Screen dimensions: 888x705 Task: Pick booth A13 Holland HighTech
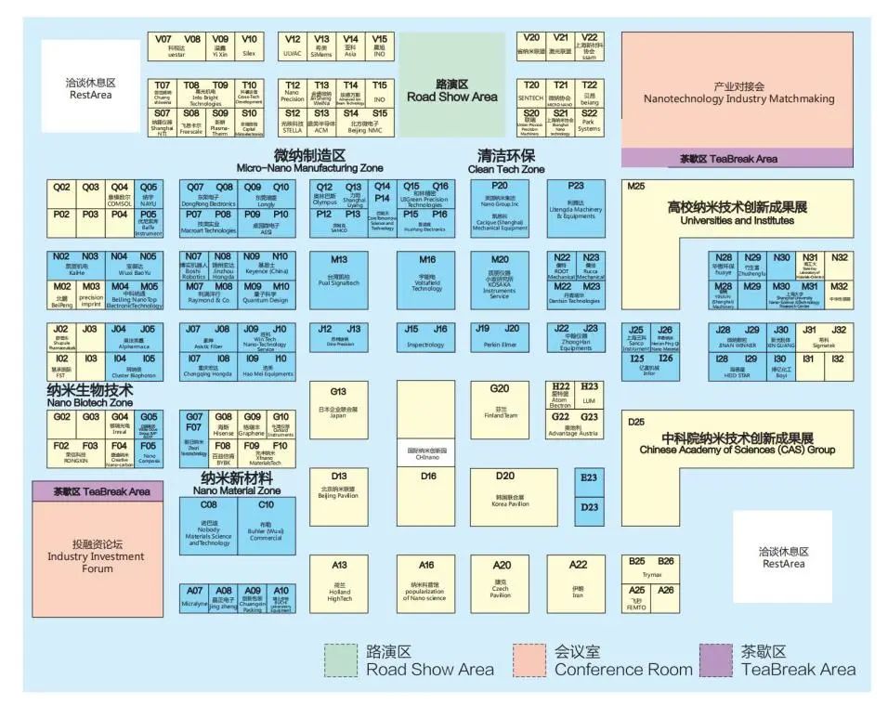pyautogui.click(x=339, y=581)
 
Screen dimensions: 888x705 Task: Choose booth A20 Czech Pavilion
pyautogui.click(x=502, y=581)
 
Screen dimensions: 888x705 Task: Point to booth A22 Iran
pyautogui.click(x=578, y=581)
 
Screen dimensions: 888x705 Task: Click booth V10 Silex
pyautogui.click(x=249, y=46)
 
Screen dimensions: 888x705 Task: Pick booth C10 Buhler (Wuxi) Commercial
pyautogui.click(x=266, y=525)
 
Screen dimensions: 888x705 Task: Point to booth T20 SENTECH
pyautogui.click(x=531, y=91)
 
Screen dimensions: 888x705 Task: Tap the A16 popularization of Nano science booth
pyautogui.click(x=426, y=581)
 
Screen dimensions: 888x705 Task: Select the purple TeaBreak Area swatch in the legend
pyautogui.click(x=716, y=660)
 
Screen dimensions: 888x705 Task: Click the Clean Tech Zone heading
pyautogui.click(x=505, y=161)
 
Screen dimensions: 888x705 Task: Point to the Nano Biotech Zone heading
pyautogui.click(x=89, y=397)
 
